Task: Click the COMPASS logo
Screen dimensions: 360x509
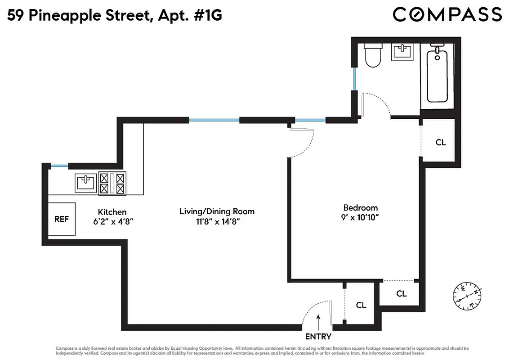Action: [x=447, y=14]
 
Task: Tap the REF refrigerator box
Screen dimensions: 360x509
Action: [x=62, y=219]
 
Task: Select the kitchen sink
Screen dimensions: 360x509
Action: [x=85, y=183]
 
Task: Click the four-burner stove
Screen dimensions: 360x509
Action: [x=112, y=184]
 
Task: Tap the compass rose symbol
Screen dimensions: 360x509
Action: [x=467, y=296]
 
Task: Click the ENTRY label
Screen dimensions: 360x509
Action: [x=318, y=337]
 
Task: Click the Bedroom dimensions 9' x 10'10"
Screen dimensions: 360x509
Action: [x=360, y=217]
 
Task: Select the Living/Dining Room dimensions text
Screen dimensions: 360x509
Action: [x=217, y=221]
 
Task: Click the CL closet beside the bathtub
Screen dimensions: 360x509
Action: [x=440, y=142]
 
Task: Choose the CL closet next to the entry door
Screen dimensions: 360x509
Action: [x=361, y=305]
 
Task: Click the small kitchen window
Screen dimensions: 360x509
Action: [x=59, y=166]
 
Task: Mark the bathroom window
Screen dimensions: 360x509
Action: [x=355, y=78]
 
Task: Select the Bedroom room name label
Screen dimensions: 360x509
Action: [x=360, y=207]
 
